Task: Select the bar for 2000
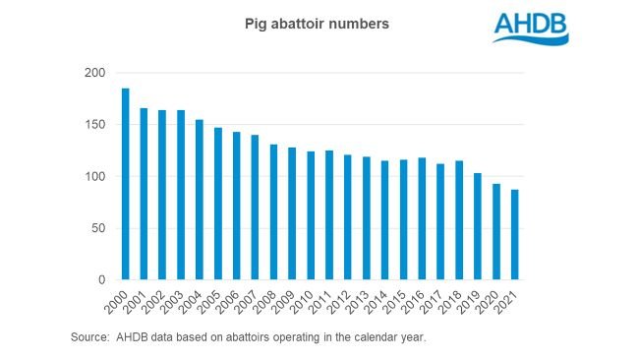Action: (125, 184)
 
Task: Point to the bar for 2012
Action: (348, 217)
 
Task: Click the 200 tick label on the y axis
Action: (93, 73)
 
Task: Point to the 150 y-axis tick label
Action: (93, 125)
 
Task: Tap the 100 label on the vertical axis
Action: (93, 177)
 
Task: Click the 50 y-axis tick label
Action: (97, 228)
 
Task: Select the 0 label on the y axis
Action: (100, 280)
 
